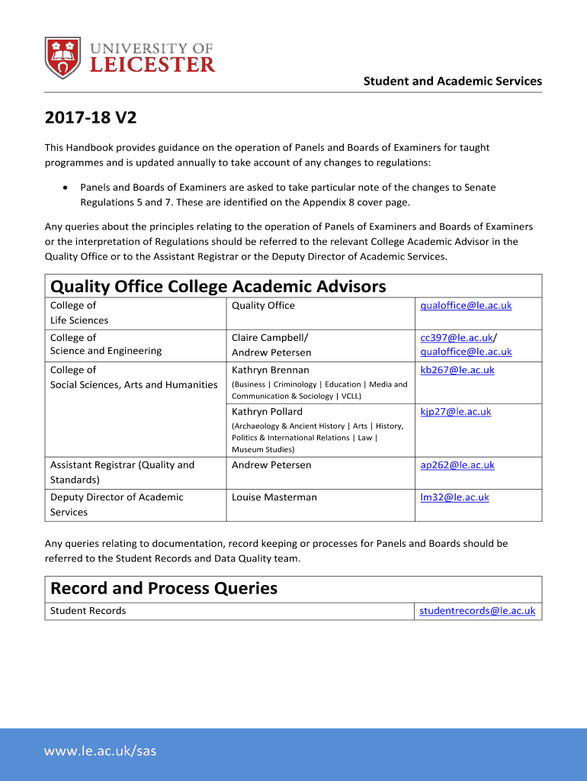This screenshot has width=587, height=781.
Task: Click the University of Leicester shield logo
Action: coord(63,58)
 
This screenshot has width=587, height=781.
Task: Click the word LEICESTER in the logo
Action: coord(152,65)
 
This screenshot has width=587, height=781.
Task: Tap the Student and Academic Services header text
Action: coord(452,81)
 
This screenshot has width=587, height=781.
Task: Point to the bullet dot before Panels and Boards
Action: coord(67,187)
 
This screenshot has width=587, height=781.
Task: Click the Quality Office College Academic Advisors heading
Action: coord(218,287)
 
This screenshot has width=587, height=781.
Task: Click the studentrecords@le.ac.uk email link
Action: coord(477,611)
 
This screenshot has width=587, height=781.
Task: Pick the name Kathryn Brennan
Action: coord(271,370)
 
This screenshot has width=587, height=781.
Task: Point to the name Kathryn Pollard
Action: coord(267,412)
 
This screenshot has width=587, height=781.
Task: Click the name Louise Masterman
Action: coord(274,497)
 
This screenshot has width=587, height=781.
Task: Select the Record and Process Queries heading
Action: coord(164,589)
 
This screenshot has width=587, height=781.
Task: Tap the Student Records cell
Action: coord(88,611)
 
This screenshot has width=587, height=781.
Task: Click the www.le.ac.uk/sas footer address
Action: coord(100,751)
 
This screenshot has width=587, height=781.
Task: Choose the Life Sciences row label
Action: coord(79,320)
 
